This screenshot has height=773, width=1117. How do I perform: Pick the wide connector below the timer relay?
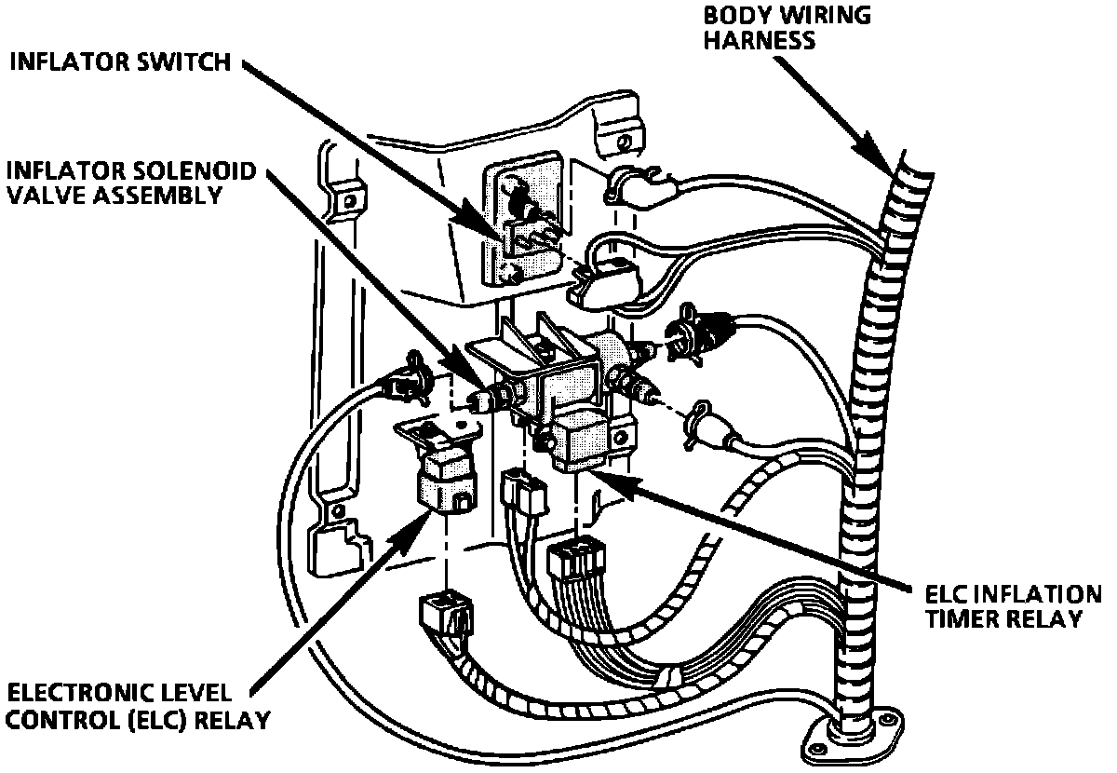[575, 564]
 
